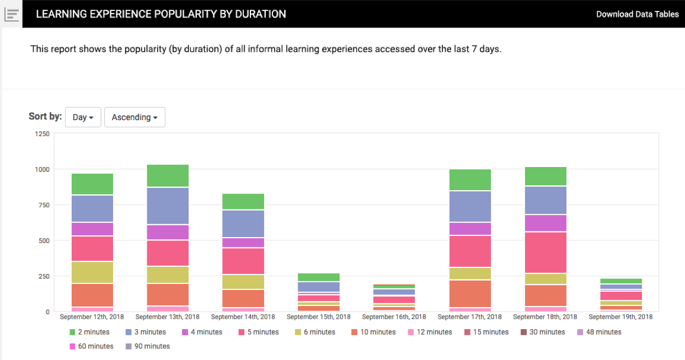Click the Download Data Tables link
637,14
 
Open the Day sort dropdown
83,117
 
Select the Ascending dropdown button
135,117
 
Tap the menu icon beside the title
12,14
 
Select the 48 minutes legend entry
599,332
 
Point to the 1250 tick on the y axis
42,134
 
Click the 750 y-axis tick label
44,205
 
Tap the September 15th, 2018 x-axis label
319,317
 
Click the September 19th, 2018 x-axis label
620,317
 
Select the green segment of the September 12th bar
92,184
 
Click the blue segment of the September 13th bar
168,206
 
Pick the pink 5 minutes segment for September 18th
545,252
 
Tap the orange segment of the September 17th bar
470,294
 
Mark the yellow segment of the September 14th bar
243,282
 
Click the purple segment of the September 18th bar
545,223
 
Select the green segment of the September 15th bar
319,277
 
